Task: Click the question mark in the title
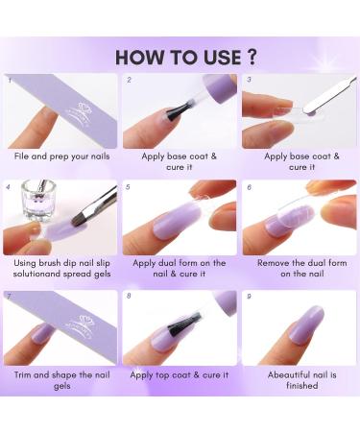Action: (x=252, y=57)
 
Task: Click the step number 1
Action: (x=10, y=80)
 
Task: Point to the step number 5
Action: (x=128, y=187)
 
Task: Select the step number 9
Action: (x=249, y=297)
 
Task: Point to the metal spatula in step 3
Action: (x=329, y=95)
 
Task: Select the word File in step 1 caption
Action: (x=22, y=156)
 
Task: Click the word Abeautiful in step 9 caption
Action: (x=289, y=374)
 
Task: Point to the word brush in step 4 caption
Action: (x=50, y=263)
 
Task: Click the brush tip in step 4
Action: (x=80, y=221)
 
